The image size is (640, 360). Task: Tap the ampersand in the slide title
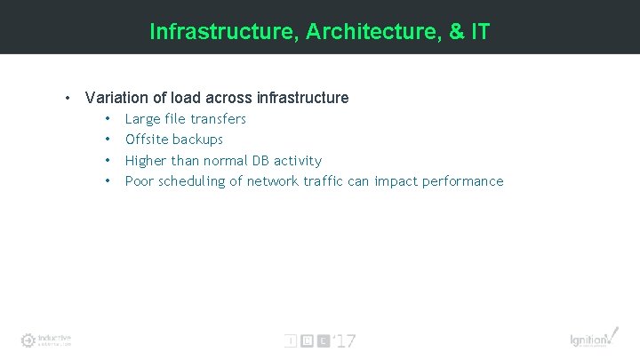457,33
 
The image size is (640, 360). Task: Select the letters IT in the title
481,33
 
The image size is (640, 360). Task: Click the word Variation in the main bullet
116,98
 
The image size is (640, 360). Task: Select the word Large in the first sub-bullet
143,119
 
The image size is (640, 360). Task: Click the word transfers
218,119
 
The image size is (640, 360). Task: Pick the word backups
198,140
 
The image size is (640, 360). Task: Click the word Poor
140,181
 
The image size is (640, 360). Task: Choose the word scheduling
193,182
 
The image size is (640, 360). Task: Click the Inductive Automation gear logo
28,340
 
